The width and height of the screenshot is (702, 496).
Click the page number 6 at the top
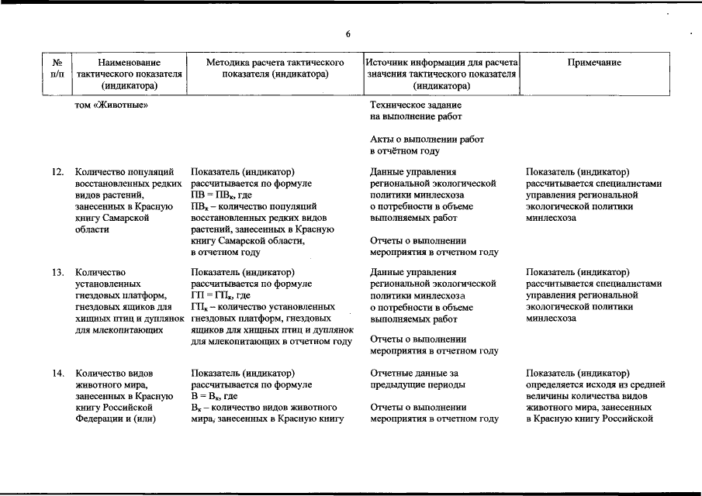[x=348, y=34]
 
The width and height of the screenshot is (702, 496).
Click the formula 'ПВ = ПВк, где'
[x=220, y=195]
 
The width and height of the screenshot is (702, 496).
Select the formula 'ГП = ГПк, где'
[x=220, y=296]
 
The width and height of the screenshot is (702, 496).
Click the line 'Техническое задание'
[x=416, y=105]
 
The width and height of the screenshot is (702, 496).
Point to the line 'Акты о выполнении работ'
[x=427, y=139]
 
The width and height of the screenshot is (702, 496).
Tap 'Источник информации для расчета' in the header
[x=442, y=62]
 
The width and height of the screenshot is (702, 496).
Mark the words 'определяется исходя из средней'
[x=595, y=384]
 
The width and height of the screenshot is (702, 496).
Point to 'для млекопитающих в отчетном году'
[x=271, y=341]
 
